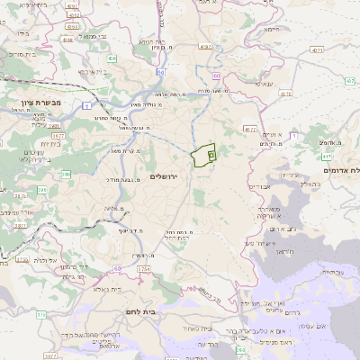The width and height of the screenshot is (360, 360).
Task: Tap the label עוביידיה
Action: coord(328,273)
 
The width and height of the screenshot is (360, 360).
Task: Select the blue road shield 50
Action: coord(159,71)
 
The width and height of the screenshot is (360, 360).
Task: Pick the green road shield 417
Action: coord(286,93)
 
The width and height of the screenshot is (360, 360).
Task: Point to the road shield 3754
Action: coord(145,268)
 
